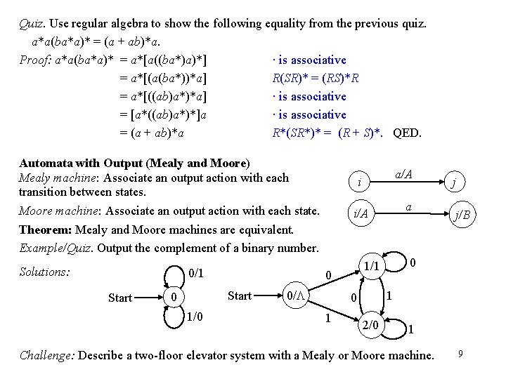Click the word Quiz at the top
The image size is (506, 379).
(31, 22)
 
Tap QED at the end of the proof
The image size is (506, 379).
(408, 132)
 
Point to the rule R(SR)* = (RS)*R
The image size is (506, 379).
(316, 78)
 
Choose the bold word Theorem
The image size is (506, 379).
(45, 230)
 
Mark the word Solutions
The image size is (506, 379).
(44, 272)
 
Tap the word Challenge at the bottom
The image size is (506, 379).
(46, 355)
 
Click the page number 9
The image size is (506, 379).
(460, 353)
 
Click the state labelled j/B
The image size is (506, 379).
(462, 215)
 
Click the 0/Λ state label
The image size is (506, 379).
(294, 296)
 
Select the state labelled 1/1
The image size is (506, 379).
(372, 267)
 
